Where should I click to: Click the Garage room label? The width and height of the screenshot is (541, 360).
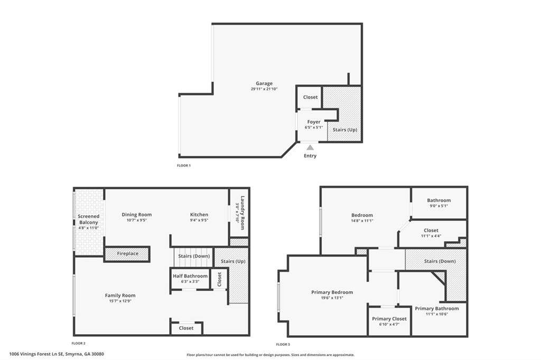click(264, 83)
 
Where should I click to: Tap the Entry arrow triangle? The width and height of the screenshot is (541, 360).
click(310, 148)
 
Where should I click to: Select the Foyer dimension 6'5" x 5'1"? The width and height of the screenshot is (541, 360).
click(314, 127)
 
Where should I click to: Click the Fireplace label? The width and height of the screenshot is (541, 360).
click(127, 253)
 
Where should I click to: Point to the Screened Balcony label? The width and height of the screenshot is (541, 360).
click(88, 219)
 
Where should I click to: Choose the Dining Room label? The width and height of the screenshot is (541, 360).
click(137, 214)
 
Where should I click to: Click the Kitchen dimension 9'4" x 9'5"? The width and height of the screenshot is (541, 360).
click(199, 220)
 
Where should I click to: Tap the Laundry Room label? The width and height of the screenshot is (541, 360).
click(242, 213)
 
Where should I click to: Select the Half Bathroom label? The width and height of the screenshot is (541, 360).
click(190, 276)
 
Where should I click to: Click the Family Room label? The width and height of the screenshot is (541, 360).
click(120, 295)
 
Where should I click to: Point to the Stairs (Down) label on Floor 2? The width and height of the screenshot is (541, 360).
click(194, 256)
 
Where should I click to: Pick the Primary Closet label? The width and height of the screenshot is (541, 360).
click(389, 319)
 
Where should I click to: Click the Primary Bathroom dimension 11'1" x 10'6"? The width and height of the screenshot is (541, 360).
click(437, 314)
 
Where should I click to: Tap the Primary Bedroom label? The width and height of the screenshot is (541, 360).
click(332, 292)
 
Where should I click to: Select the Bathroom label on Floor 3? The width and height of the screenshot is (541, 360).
click(439, 200)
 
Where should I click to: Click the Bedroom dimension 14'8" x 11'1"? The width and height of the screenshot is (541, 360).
click(362, 221)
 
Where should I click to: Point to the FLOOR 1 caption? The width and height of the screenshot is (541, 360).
click(183, 166)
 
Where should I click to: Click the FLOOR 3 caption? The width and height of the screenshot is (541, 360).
click(283, 344)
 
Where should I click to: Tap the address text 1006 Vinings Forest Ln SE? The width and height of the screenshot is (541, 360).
click(36, 354)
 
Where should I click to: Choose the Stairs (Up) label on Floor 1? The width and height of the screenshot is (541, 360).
click(344, 130)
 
